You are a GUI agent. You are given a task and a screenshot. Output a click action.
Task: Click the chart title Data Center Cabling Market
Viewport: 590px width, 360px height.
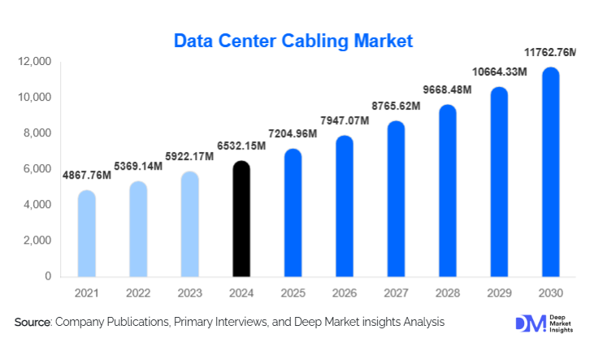(294, 40)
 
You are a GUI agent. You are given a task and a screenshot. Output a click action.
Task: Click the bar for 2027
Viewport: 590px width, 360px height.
(396, 199)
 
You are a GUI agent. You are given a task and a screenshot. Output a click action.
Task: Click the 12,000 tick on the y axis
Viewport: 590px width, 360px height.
(36, 62)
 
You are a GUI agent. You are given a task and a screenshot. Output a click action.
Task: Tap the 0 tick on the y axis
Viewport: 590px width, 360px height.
(48, 276)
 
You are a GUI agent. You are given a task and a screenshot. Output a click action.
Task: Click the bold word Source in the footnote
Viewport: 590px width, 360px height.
(33, 323)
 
